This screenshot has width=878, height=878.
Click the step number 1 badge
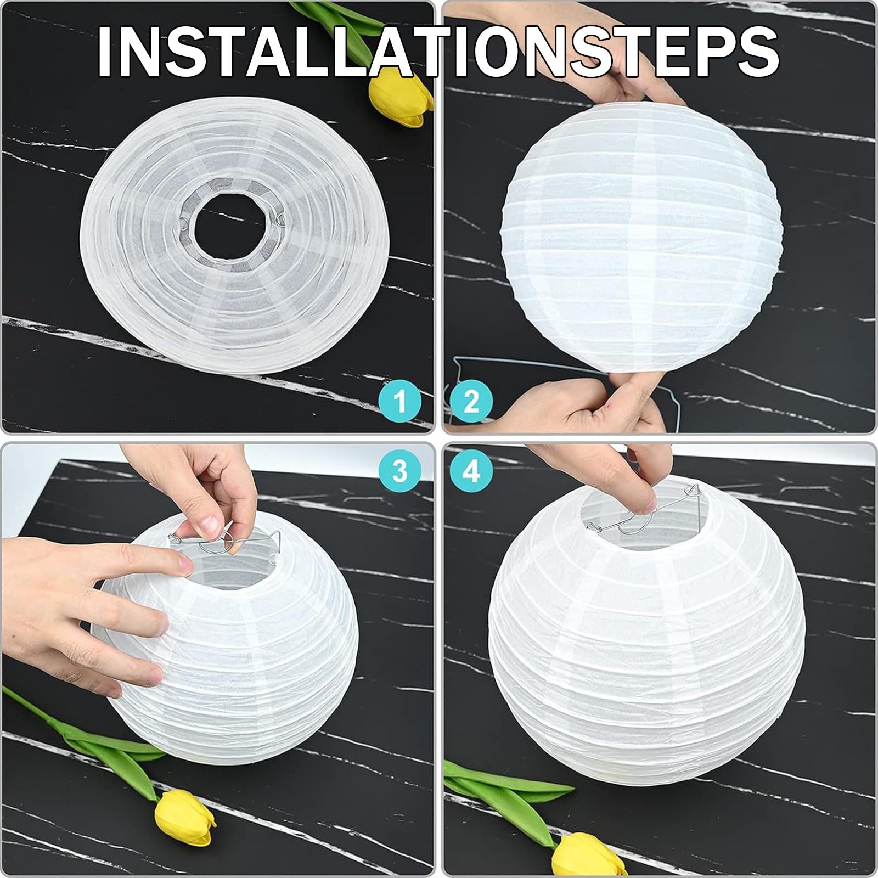click(400, 401)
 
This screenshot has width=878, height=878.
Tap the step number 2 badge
click(471, 401)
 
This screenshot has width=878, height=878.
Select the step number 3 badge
click(400, 471)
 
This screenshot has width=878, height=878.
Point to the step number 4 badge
click(471, 471)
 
